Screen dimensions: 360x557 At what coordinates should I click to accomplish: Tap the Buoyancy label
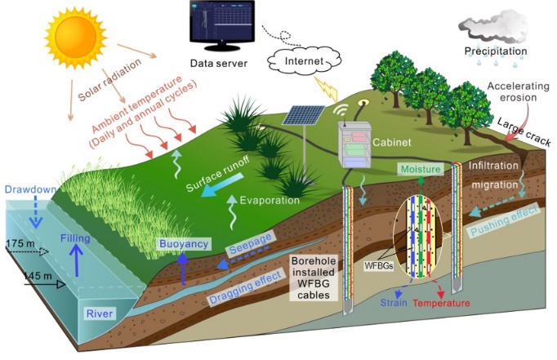185,244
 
